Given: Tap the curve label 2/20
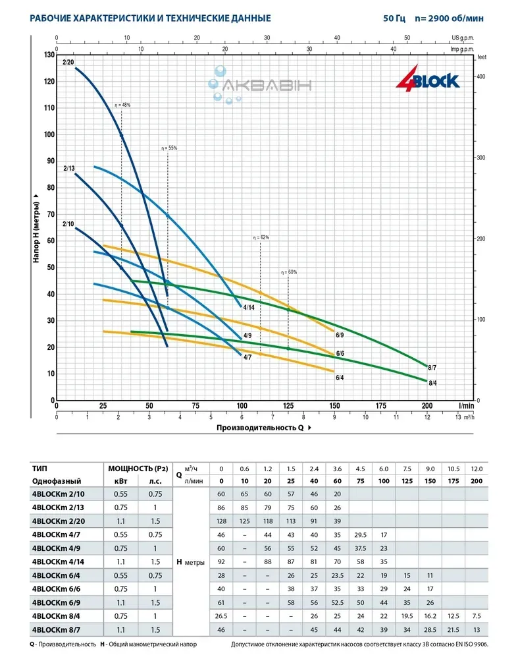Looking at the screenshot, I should click(x=68, y=63).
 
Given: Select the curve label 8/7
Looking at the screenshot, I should click(x=432, y=366).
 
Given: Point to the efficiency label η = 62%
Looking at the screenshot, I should click(x=261, y=237).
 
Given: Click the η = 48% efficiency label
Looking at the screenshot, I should click(x=122, y=105).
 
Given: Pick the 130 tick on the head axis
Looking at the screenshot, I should click(x=48, y=55).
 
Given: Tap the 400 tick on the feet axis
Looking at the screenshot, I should click(x=481, y=77).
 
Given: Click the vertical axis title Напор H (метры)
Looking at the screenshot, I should click(x=38, y=229).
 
